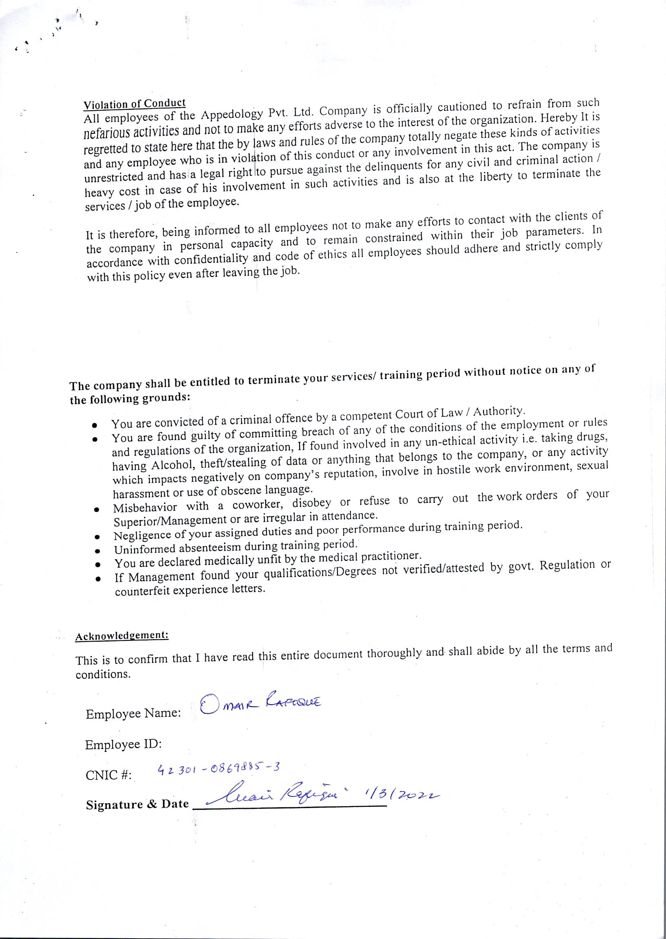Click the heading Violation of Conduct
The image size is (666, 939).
(135, 103)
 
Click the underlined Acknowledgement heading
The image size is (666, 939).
(122, 636)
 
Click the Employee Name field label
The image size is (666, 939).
(133, 713)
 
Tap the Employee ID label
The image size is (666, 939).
(123, 744)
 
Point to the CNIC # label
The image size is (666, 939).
(109, 775)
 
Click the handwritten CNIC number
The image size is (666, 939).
(218, 768)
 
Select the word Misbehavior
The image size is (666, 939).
(145, 508)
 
